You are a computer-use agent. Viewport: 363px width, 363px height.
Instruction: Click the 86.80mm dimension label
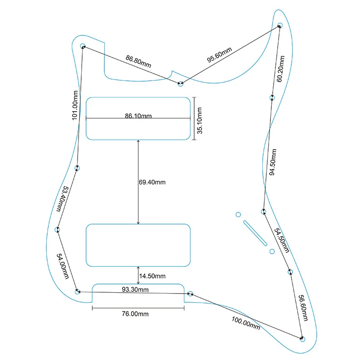point(138,61)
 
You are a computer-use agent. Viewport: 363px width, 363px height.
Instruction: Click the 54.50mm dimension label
point(281,240)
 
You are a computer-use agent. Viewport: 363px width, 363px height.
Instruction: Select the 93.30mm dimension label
point(134,289)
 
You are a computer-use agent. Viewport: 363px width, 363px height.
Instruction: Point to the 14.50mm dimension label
point(152,276)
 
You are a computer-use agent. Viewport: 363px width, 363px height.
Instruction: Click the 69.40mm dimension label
point(152,182)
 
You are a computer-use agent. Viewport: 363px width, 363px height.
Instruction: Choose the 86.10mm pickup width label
point(138,116)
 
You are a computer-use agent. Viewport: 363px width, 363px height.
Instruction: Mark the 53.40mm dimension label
point(62,199)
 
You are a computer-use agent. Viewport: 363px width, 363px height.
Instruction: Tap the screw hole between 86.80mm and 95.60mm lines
point(181,84)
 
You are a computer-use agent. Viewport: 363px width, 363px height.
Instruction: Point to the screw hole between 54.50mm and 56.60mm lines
point(290,272)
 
